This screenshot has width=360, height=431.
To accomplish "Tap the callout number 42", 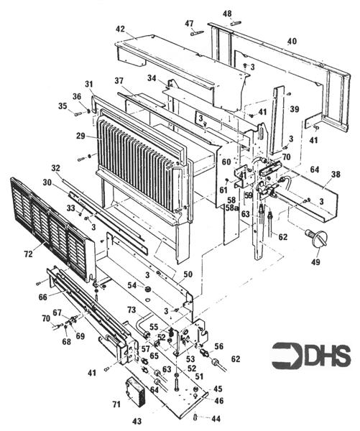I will pyautogui.click(x=120, y=29).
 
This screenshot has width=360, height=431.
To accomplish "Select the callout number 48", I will pyautogui.click(x=227, y=14).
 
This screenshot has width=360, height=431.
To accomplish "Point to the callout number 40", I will pyautogui.click(x=292, y=42).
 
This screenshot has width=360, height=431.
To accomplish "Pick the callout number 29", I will pyautogui.click(x=81, y=136).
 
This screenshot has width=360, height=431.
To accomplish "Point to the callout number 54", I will pyautogui.click(x=131, y=286).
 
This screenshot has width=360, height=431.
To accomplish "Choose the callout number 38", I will pyautogui.click(x=335, y=174).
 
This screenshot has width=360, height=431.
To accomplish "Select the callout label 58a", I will pyautogui.click(x=231, y=208).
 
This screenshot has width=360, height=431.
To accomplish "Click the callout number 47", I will pyautogui.click(x=190, y=23).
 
